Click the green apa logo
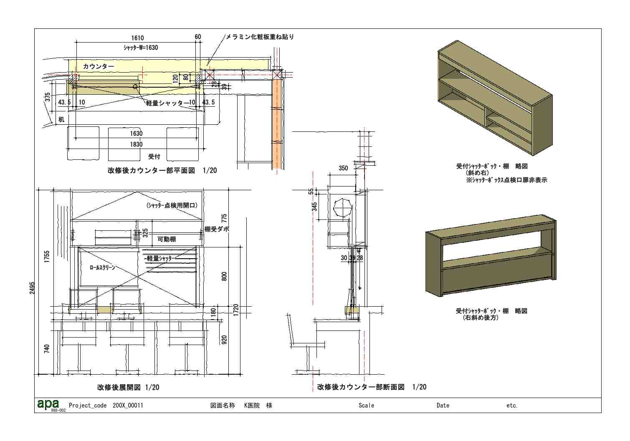click(48, 404)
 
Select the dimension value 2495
click(33, 288)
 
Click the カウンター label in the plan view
click(98, 66)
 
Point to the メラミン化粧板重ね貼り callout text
click(260, 37)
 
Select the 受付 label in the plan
click(154, 156)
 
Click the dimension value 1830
click(136, 144)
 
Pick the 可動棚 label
click(166, 239)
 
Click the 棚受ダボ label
click(217, 229)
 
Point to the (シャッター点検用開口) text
click(172, 205)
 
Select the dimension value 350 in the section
click(343, 168)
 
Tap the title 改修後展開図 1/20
click(128, 387)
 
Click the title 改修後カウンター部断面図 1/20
click(372, 387)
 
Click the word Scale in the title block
click(366, 406)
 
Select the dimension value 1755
click(47, 256)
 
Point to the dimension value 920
click(224, 340)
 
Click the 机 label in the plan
click(61, 120)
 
